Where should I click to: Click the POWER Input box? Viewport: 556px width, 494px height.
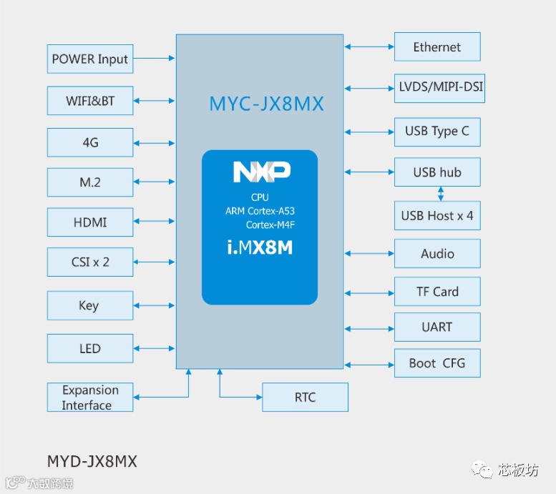pyautogui.click(x=90, y=59)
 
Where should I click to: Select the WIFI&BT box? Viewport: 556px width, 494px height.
pyautogui.click(x=90, y=101)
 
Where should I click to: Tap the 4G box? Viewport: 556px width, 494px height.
pyautogui.click(x=90, y=142)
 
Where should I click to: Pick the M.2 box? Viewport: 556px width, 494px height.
pyautogui.click(x=90, y=182)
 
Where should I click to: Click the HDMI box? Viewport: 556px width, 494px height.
pyautogui.click(x=90, y=222)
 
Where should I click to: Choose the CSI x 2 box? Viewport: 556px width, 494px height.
pyautogui.click(x=90, y=262)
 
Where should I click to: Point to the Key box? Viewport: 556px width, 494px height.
pyautogui.click(x=90, y=305)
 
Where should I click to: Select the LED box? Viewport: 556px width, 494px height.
pyautogui.click(x=90, y=348)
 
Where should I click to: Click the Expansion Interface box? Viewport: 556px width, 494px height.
pyautogui.click(x=90, y=397)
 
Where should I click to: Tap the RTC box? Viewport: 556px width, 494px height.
pyautogui.click(x=305, y=397)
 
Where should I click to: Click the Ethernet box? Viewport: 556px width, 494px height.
pyautogui.click(x=436, y=47)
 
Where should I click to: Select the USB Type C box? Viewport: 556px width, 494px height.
pyautogui.click(x=436, y=132)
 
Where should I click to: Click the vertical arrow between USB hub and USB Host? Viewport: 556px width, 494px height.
pyautogui.click(x=441, y=194)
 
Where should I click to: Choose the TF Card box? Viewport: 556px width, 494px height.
pyautogui.click(x=436, y=292)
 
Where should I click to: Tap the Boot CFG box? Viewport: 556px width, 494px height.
pyautogui.click(x=436, y=363)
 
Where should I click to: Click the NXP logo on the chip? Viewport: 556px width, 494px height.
pyautogui.click(x=261, y=172)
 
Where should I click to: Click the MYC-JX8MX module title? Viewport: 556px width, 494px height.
pyautogui.click(x=266, y=104)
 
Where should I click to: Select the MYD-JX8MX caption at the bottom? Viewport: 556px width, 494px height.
pyautogui.click(x=92, y=461)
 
